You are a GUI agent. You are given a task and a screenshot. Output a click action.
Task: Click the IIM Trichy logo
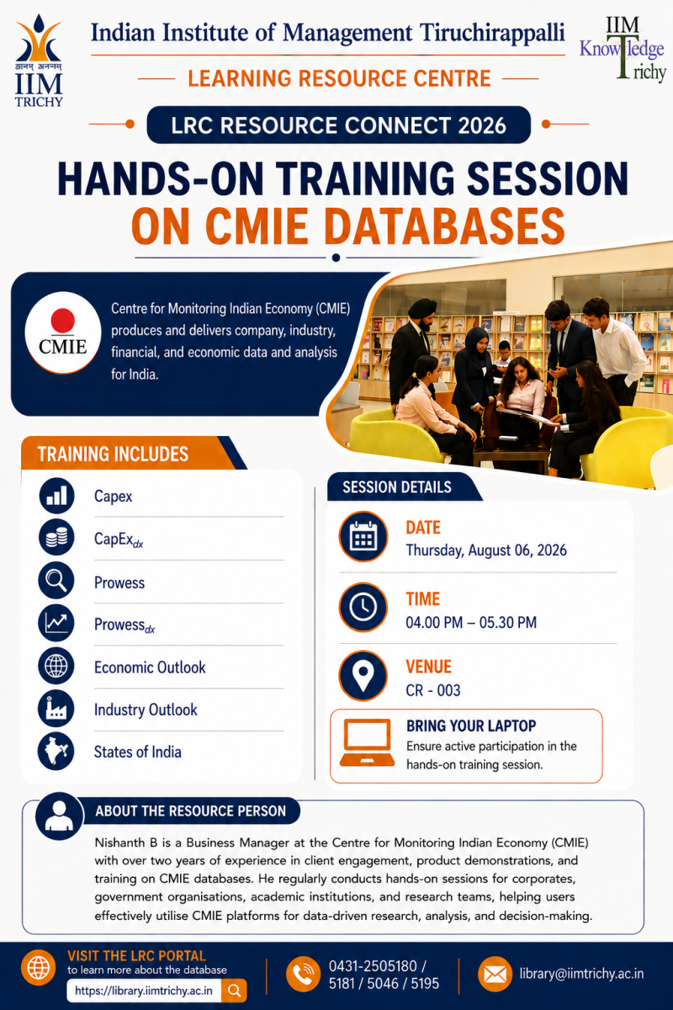pos(39,61)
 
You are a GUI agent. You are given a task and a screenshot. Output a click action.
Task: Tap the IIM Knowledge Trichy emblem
pos(623,50)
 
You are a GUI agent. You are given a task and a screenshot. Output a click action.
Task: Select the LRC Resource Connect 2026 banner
pos(338,125)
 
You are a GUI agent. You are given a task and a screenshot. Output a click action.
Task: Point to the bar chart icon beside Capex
pos(56,496)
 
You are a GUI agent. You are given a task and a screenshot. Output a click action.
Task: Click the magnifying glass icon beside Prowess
pos(56,580)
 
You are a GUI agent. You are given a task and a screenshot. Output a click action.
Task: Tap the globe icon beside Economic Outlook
pos(56,666)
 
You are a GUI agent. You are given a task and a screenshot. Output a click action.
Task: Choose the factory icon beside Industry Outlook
pos(56,708)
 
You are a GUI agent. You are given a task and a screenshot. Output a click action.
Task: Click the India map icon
pos(56,751)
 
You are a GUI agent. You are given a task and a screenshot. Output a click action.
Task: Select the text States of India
pos(137,752)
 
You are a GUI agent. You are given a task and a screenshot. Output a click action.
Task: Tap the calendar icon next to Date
pos(363,536)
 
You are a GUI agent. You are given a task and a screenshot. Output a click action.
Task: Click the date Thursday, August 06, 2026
pos(486,550)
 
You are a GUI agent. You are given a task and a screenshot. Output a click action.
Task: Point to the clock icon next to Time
pos(363,608)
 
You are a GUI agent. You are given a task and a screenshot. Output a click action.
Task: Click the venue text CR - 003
pos(432,690)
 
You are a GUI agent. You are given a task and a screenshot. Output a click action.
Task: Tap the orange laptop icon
pos(367,742)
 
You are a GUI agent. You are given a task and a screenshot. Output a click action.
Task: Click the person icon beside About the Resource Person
pos(60,816)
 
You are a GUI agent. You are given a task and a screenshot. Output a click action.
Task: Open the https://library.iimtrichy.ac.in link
pos(143,991)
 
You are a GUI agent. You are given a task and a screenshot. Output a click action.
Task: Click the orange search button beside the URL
pos(234,991)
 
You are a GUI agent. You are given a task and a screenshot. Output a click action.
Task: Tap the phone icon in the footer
pos(304,974)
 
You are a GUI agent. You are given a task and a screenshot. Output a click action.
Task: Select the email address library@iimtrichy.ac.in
pos(581,974)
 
